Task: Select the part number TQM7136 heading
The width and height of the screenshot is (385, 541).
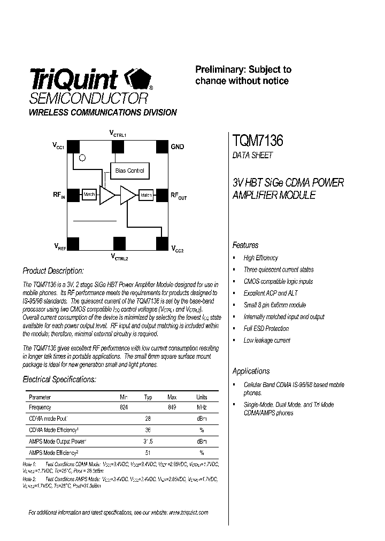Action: click(258, 141)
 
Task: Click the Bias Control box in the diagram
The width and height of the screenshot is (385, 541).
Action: click(130, 171)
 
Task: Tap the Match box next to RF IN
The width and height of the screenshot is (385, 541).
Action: click(89, 195)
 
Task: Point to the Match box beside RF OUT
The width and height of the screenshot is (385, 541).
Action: click(146, 196)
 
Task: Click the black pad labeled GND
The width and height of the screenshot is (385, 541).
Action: click(162, 146)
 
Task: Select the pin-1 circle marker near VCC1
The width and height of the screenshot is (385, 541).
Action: click(82, 158)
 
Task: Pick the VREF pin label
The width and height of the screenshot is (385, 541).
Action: click(59, 246)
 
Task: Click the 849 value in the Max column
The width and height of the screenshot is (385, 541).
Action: click(172, 407)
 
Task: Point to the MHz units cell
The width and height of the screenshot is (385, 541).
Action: click(202, 407)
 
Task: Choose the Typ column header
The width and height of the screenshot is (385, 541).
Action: click(148, 397)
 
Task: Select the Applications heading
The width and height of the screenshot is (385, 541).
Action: click(251, 371)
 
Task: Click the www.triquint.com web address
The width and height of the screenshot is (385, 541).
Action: click(188, 512)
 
